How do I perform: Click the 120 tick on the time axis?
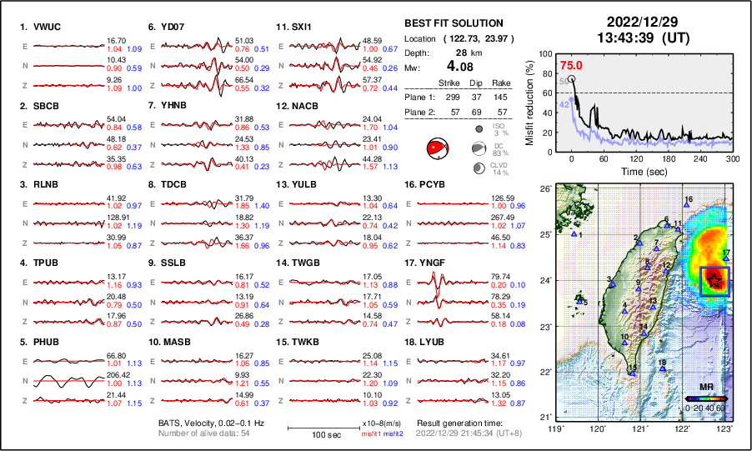tap(637, 158)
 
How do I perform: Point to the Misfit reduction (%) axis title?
tap(529, 101)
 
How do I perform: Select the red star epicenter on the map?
tap(714, 282)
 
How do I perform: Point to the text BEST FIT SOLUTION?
tap(453, 23)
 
